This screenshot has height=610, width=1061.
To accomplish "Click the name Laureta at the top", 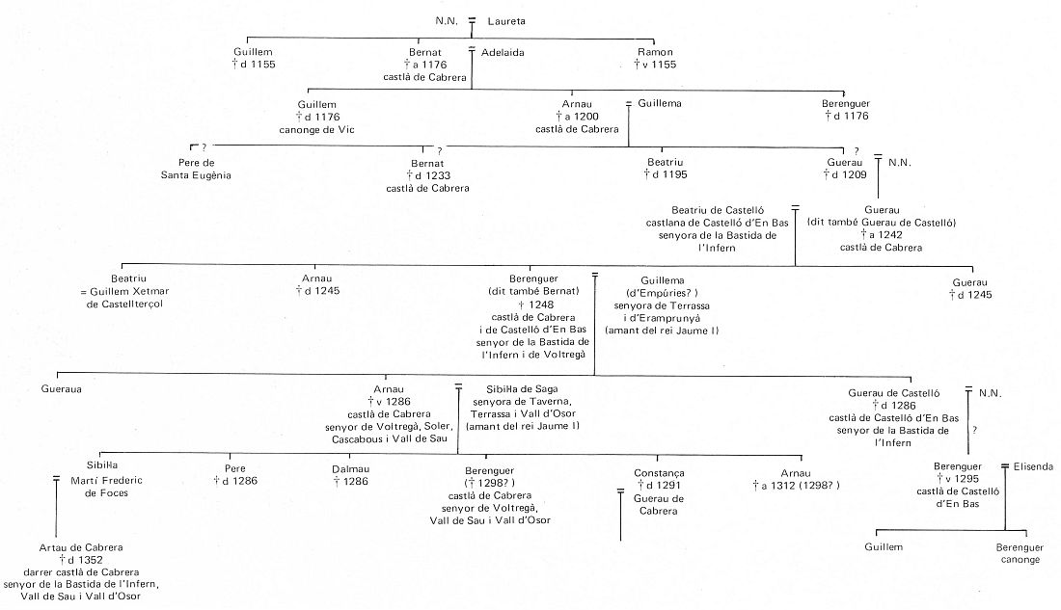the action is [506, 21].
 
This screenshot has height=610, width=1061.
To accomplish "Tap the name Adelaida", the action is [503, 52].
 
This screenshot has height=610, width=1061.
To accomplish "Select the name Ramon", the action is [655, 52].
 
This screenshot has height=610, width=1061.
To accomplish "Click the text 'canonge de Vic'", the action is [316, 129].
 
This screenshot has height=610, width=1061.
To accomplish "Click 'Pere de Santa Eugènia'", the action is [196, 169].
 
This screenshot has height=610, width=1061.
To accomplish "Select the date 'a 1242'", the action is [881, 235].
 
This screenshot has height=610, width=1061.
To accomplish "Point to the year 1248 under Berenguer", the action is [541, 305].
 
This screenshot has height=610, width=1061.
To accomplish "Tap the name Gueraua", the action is [61, 389].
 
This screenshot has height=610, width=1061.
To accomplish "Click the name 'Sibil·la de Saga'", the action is [523, 389].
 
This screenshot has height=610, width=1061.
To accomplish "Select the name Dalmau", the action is [350, 468].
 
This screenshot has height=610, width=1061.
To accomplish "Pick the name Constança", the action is [659, 473].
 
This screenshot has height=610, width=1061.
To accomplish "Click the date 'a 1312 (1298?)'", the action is [796, 486].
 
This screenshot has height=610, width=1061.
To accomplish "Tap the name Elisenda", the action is [1033, 466].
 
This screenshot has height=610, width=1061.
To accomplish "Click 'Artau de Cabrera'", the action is [81, 547].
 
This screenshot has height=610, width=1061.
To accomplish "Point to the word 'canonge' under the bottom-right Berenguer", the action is [1020, 560].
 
